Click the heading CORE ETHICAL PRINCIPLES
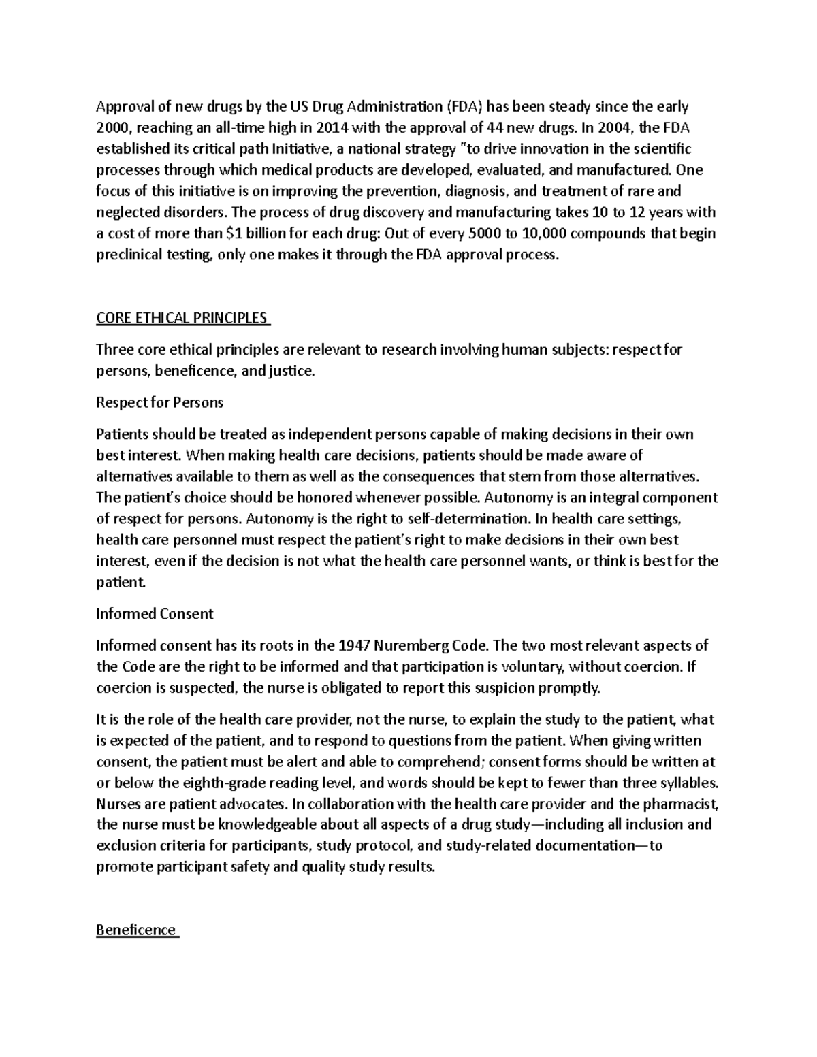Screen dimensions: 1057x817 point(182,318)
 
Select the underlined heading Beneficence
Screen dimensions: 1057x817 point(136,930)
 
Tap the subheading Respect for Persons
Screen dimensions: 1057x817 point(159,402)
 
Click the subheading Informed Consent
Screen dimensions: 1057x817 point(155,613)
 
